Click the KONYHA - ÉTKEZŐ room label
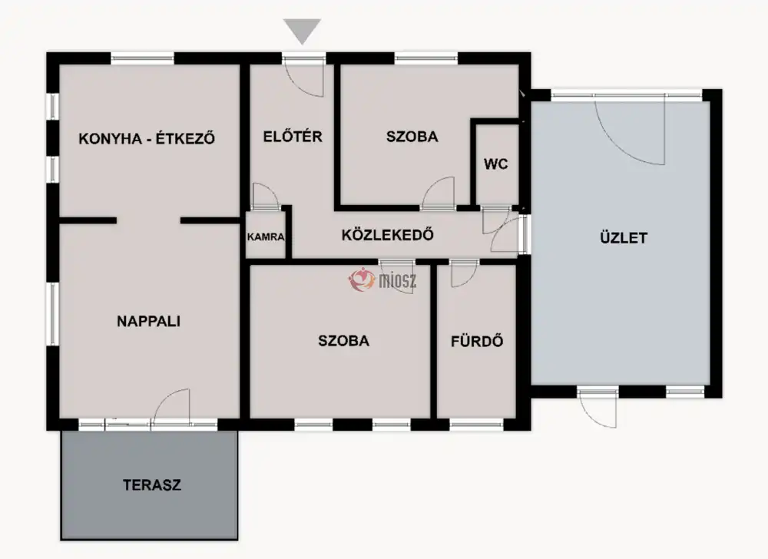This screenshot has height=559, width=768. pos(147,138)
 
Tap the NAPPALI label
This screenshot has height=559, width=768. pos(148,321)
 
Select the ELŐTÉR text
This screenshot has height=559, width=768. pos(293,136)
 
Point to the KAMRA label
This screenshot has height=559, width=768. pos(266,237)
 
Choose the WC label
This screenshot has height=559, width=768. pos(495,164)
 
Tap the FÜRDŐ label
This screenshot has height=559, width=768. pos(477,341)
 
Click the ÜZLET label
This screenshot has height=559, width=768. pos(624,238)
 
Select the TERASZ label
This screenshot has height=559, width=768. pos(152,485)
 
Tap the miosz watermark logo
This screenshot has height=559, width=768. pos(382,280)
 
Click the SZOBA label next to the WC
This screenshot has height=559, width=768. pos(412,136)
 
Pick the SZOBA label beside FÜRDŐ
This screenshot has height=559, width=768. pos(343,341)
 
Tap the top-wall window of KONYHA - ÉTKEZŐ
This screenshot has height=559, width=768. pos(142,58)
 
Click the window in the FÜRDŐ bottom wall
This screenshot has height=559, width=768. pos(476,425)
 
